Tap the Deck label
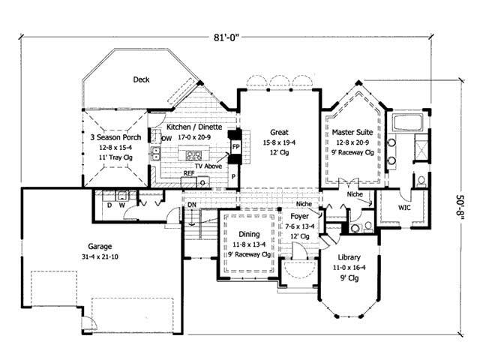pyautogui.click(x=141, y=79)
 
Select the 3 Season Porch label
pyautogui.click(x=114, y=137)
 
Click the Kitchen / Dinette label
pyautogui.click(x=193, y=127)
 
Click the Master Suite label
pyautogui.click(x=349, y=131)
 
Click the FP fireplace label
pyautogui.click(x=235, y=147)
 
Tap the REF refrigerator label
pyautogui.click(x=189, y=173)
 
